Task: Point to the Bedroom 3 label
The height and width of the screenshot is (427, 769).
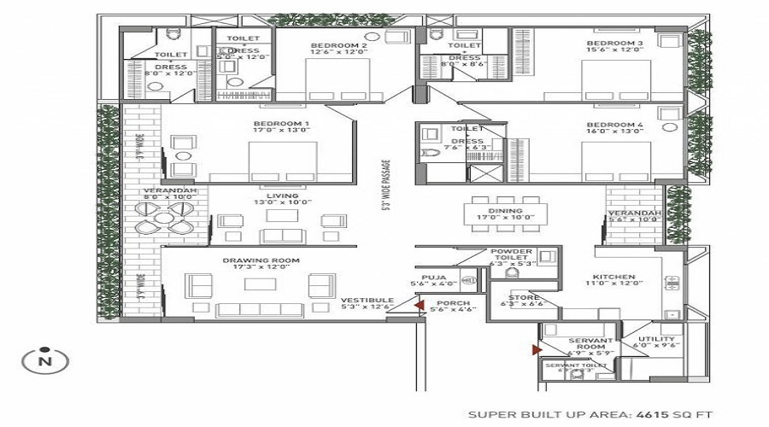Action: [x=614, y=43]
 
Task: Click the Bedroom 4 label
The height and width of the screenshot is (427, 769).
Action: [x=614, y=125]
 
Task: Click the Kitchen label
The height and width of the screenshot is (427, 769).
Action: [x=614, y=277]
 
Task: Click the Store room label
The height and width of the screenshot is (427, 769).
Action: [x=521, y=297]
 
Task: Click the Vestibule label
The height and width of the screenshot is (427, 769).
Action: [x=367, y=301]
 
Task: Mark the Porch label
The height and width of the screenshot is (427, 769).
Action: [x=454, y=303]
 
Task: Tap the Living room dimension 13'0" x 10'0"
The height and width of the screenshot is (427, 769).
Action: [x=282, y=203]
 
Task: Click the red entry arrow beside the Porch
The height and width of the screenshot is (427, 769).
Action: [x=419, y=303]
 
